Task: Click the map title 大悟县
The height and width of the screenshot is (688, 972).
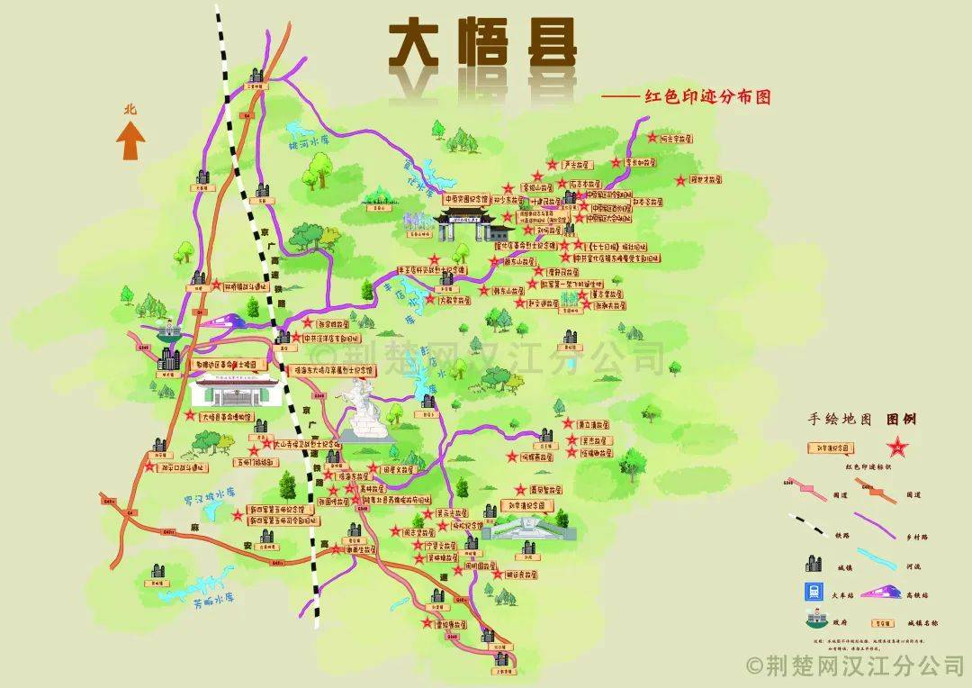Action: pyautogui.click(x=481, y=45)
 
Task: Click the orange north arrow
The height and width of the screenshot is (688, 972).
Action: pyautogui.click(x=131, y=140)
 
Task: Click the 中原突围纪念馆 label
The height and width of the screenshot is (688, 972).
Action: pyautogui.click(x=466, y=197)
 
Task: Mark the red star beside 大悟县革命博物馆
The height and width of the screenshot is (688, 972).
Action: pyautogui.click(x=190, y=417)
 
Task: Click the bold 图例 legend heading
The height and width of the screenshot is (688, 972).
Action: pyautogui.click(x=903, y=420)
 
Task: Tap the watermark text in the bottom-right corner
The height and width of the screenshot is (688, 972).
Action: pyautogui.click(x=855, y=665)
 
